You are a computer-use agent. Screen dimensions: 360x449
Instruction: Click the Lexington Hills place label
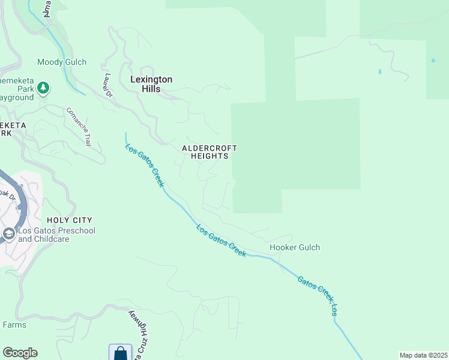151,83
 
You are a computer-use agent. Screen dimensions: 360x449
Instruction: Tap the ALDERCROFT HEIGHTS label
210,152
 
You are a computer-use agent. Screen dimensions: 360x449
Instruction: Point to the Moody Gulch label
62,62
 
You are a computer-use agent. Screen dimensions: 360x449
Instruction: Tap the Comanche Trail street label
78,127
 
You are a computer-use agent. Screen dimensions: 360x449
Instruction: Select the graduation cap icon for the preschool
9,233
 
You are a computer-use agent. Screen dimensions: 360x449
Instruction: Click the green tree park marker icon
43,89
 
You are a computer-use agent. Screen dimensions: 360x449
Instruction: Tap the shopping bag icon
120,353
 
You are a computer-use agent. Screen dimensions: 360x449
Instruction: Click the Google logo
20,353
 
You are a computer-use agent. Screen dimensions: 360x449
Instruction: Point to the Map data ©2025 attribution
423,355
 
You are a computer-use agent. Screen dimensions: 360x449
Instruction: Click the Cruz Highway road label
141,336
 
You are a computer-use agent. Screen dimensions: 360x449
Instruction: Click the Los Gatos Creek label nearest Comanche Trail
144,165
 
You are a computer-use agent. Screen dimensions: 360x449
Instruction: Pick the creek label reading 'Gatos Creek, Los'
319,295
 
